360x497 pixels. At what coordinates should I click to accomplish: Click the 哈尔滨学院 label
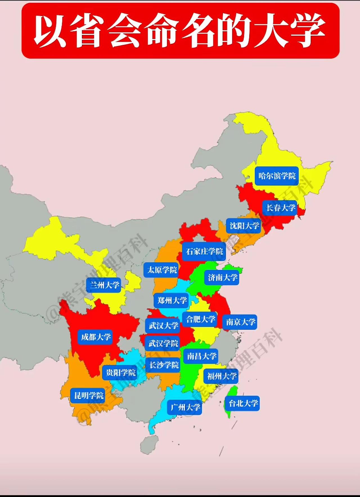[277, 176]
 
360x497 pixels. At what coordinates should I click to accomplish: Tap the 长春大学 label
[280, 208]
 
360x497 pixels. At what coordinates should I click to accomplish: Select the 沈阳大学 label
[244, 225]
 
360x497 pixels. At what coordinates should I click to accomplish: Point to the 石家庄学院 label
[204, 251]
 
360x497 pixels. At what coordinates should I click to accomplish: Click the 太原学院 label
[162, 270]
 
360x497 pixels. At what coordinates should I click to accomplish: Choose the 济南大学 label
[222, 277]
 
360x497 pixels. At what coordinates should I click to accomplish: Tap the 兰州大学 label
[104, 285]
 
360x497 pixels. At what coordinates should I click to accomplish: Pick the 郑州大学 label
[172, 301]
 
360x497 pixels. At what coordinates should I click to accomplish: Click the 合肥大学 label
[200, 319]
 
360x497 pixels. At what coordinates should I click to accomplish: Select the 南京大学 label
[240, 322]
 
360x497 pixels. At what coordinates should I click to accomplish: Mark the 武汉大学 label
[163, 326]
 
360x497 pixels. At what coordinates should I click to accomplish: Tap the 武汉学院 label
[163, 343]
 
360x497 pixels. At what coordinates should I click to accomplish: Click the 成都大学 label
[96, 337]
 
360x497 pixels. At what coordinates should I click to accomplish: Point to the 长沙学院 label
[164, 365]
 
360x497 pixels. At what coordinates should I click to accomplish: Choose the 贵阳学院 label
[120, 373]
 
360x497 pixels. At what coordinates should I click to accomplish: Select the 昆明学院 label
[89, 396]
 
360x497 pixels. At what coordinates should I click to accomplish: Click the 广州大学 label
[185, 407]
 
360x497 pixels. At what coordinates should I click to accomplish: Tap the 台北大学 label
[243, 403]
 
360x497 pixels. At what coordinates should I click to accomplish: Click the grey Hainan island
[149, 444]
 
